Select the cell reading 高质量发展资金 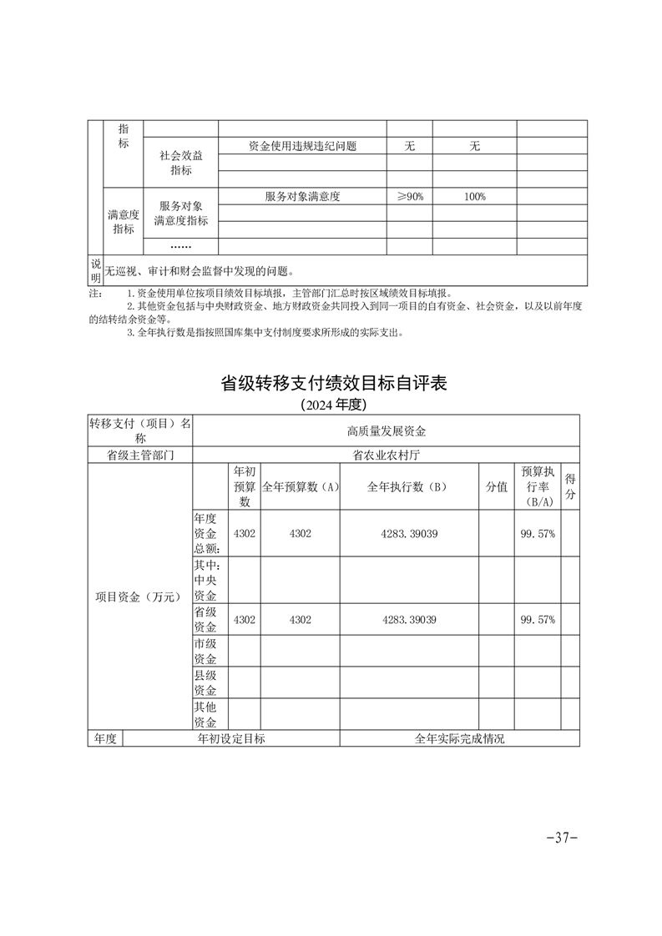click(386, 431)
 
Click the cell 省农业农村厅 click(386, 455)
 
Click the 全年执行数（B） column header click(409, 488)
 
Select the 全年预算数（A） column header click(300, 488)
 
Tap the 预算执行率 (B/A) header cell click(537, 487)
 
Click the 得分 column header click(570, 487)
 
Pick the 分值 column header click(497, 488)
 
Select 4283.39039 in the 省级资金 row click(409, 620)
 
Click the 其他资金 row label click(206, 714)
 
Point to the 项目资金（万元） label click(139, 596)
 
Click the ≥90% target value click(409, 197)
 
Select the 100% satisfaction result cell click(474, 197)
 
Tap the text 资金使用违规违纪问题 click(302, 146)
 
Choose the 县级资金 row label click(206, 682)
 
